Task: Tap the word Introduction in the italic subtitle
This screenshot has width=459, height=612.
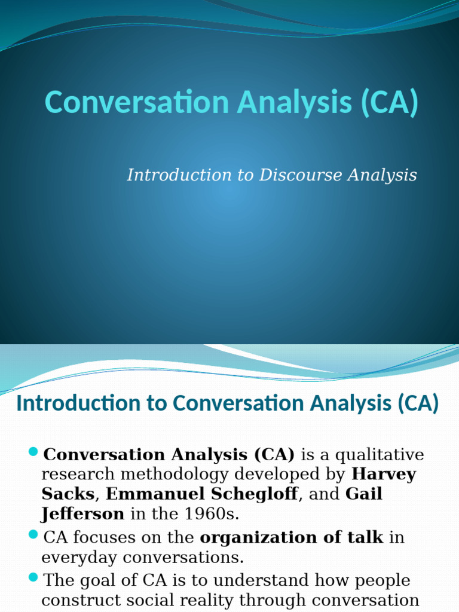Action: [x=179, y=175]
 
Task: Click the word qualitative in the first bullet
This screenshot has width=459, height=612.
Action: [x=380, y=455]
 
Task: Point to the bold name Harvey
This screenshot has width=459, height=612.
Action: [x=384, y=474]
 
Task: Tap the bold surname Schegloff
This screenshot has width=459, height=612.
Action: [x=255, y=494]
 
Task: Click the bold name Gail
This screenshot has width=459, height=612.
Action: [x=364, y=494]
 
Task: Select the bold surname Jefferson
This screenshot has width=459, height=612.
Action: [x=82, y=514]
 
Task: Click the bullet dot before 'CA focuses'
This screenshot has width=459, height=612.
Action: [x=33, y=534]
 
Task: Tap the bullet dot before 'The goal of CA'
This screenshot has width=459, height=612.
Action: [x=33, y=577]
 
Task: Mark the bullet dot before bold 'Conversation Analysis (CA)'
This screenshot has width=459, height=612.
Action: [x=33, y=452]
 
